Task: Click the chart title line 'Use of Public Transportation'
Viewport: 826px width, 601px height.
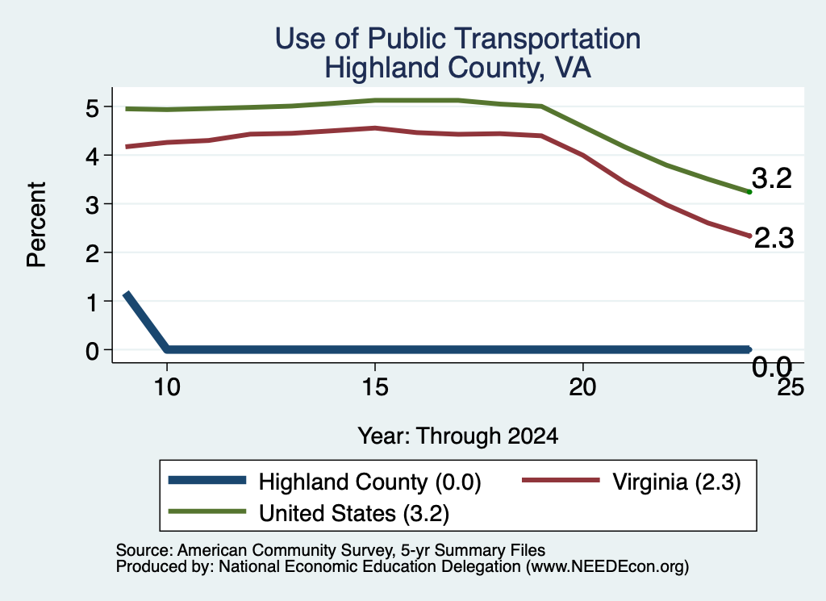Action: click(x=458, y=39)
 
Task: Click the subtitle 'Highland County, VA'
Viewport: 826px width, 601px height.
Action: click(x=458, y=68)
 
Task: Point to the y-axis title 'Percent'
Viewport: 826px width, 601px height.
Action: click(x=36, y=224)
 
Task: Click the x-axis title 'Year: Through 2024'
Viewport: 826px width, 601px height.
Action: click(x=458, y=436)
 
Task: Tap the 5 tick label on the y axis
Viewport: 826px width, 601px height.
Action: click(x=92, y=108)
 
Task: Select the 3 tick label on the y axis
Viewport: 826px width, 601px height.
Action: click(x=92, y=205)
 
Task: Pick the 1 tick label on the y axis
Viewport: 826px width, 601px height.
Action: click(x=93, y=303)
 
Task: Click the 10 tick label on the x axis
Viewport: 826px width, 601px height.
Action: click(x=167, y=387)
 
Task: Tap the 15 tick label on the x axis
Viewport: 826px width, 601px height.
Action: click(x=375, y=387)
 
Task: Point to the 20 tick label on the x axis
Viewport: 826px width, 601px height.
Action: click(x=582, y=387)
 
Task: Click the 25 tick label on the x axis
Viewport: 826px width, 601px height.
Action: click(x=791, y=387)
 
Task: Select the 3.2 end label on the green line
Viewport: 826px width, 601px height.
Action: click(x=772, y=178)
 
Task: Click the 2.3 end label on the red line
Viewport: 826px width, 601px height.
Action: click(x=774, y=238)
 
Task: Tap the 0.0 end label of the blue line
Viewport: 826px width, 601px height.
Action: click(x=772, y=366)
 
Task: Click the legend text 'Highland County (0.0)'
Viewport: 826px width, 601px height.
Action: click(x=369, y=482)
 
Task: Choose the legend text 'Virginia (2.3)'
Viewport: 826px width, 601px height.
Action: click(x=677, y=482)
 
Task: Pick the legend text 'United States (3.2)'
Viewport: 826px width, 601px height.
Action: click(x=354, y=514)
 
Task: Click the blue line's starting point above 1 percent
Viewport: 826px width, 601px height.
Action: click(x=126, y=294)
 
